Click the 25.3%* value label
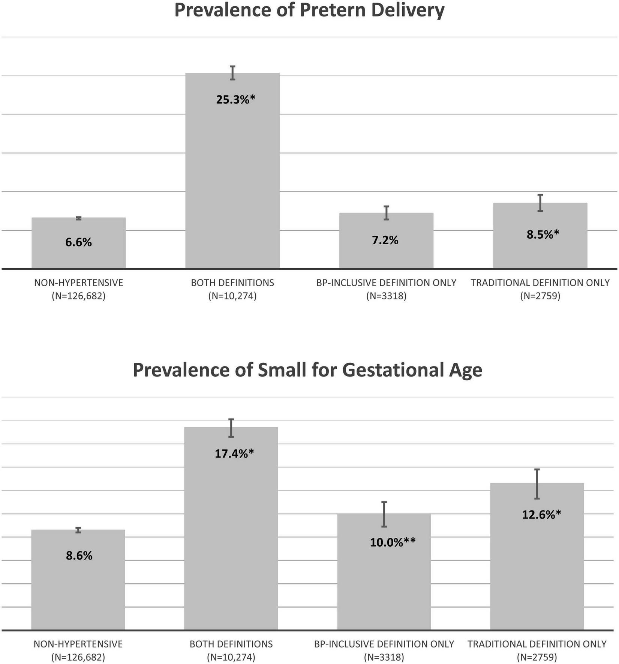click(x=235, y=100)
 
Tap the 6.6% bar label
click(x=78, y=242)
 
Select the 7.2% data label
click(x=385, y=240)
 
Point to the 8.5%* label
click(x=543, y=235)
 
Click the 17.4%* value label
click(x=234, y=454)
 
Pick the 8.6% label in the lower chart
click(x=79, y=556)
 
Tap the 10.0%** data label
click(x=393, y=542)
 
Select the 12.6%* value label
click(x=541, y=514)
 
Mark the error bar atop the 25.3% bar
click(x=232, y=73)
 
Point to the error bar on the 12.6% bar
click(x=537, y=484)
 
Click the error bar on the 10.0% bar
click(x=384, y=514)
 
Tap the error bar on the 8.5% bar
click(x=540, y=203)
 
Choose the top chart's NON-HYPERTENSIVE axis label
click(x=78, y=283)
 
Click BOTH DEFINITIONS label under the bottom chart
click(x=231, y=644)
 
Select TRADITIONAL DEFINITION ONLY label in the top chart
click(x=540, y=283)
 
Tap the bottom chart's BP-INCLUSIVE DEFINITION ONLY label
click(x=384, y=644)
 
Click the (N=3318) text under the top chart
click(x=386, y=296)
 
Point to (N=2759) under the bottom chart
click(x=537, y=657)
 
